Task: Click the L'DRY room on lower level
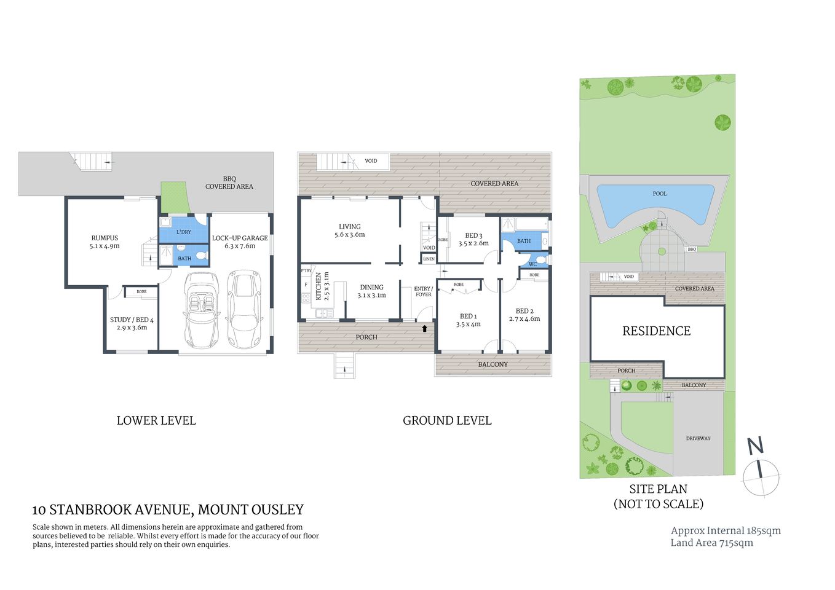183,232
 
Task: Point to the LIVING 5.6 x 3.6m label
349,230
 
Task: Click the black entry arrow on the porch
424,329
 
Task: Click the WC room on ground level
532,264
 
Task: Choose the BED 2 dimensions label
524,319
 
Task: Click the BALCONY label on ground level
493,364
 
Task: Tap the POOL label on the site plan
659,194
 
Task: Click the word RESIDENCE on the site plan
656,331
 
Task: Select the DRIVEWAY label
698,438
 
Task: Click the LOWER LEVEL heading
156,421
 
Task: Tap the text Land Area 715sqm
711,543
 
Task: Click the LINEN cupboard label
429,259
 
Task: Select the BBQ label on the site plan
692,250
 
